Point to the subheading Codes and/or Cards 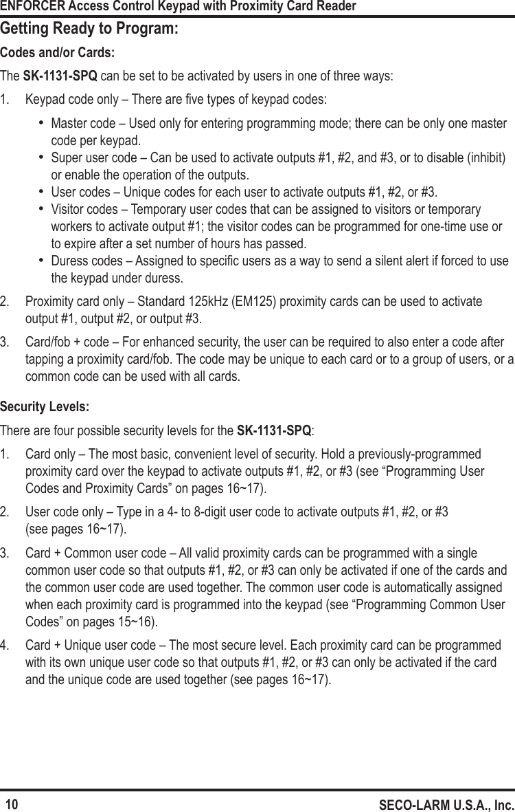tap(58, 53)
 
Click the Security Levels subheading tap(45, 407)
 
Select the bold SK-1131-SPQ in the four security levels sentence tap(273, 431)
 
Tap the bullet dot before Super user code tap(42, 157)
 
